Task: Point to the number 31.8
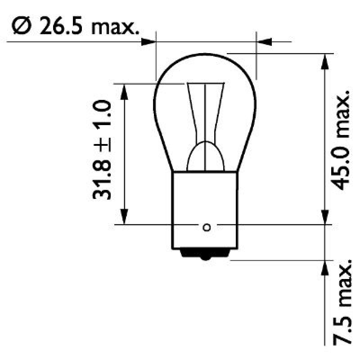pos(103,178)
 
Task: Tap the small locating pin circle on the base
pos(207,227)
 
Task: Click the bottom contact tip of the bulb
pos(206,257)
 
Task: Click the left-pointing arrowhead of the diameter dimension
pos(265,42)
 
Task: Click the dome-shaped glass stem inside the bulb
pos(206,157)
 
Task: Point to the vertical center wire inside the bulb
pos(206,117)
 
